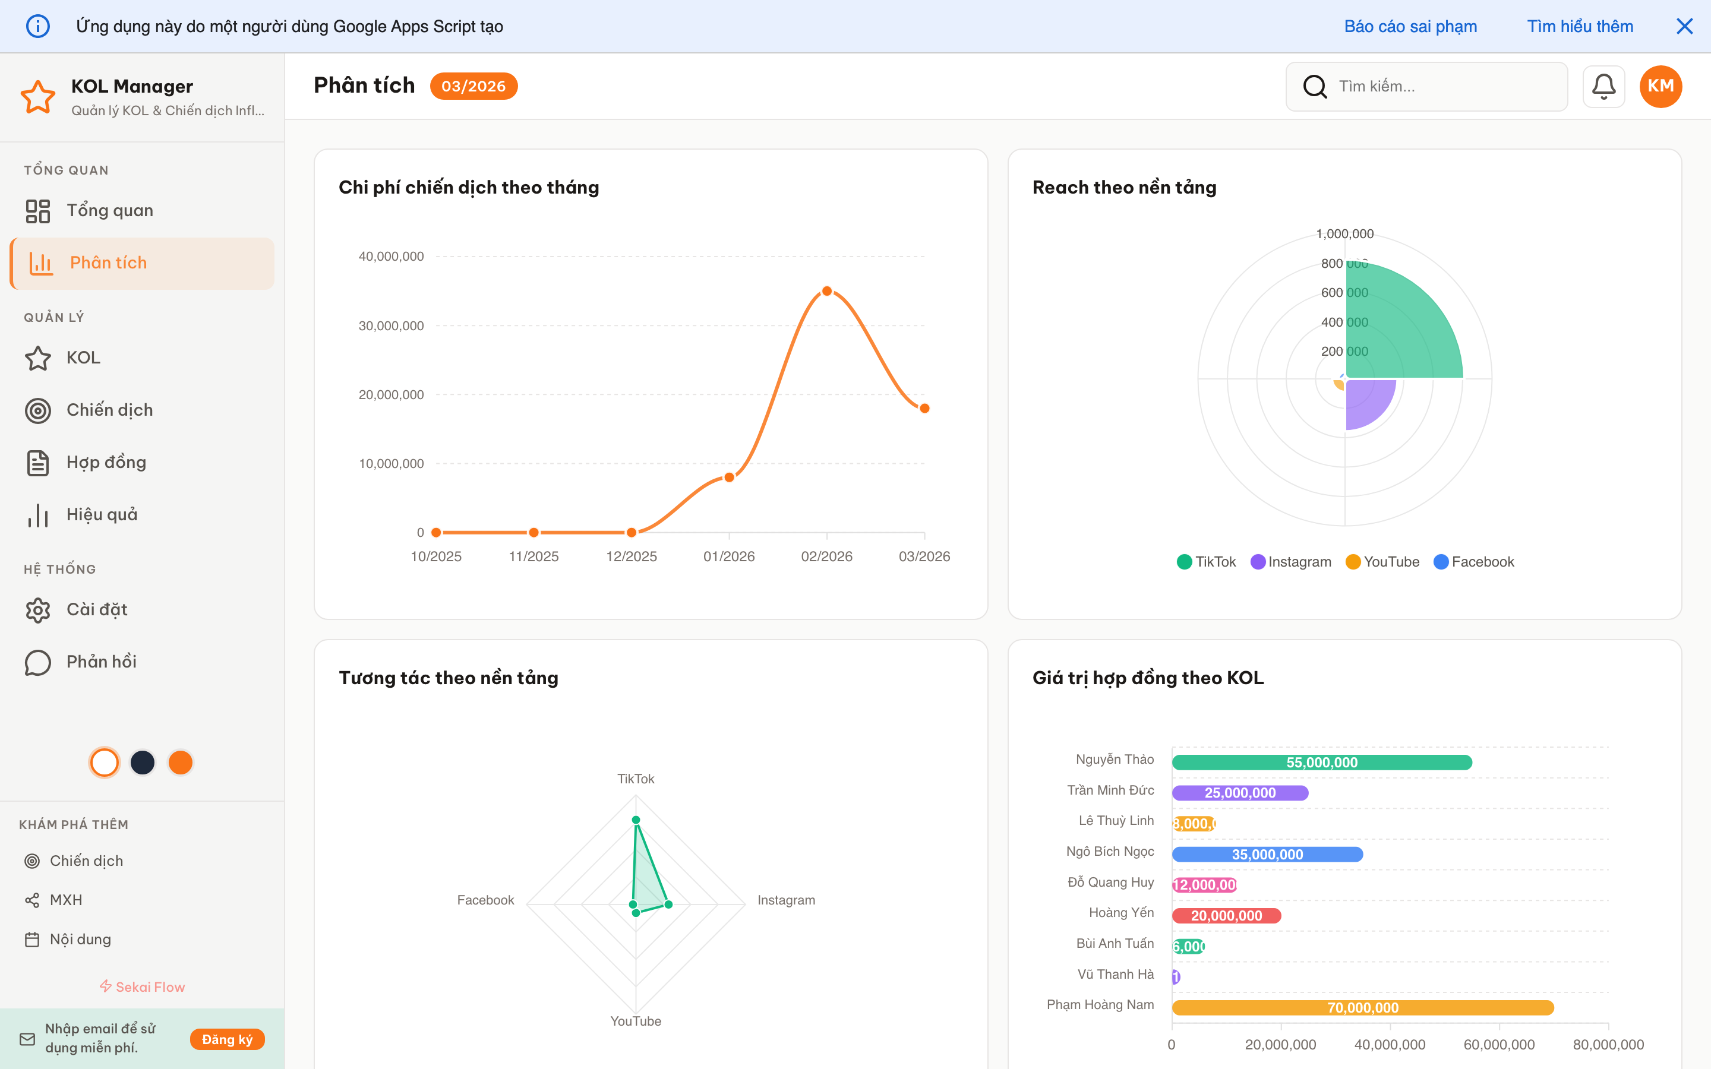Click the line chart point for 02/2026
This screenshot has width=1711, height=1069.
(826, 291)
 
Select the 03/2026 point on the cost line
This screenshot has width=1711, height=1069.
(924, 409)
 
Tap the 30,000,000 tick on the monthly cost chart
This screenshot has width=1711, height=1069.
(391, 326)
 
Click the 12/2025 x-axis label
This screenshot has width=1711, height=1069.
(631, 556)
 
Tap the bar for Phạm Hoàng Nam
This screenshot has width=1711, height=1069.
(1362, 1007)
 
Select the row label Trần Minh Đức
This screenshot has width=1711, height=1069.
(1110, 790)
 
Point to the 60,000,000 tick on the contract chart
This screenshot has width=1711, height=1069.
(1498, 1044)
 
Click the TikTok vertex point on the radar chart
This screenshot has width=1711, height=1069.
(636, 820)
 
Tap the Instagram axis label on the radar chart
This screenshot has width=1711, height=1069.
(785, 900)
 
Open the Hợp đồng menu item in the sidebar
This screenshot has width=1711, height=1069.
(106, 463)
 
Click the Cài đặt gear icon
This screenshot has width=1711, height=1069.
(38, 610)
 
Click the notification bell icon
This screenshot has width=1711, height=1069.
(1603, 86)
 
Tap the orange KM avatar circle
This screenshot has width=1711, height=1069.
(1660, 86)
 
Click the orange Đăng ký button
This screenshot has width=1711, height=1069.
(227, 1039)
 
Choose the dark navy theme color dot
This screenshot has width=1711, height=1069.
(143, 762)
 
